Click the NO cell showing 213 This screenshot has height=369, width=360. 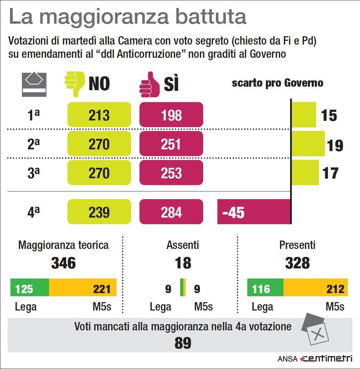point(99,115)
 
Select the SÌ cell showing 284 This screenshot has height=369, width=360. point(171,212)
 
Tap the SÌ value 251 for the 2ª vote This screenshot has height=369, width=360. point(171,144)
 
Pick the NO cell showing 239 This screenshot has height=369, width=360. point(99,212)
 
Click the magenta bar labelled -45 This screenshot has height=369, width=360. point(254,212)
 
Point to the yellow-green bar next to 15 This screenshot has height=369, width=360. point(304,115)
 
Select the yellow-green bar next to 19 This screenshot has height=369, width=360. point(308,144)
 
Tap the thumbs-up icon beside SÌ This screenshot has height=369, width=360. point(149,85)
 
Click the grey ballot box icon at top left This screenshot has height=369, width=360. point(34,84)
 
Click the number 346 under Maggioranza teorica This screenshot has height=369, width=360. point(63,263)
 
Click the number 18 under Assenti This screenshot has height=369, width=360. point(183,263)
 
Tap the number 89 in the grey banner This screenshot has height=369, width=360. point(183,343)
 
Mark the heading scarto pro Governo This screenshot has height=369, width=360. point(278,83)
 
